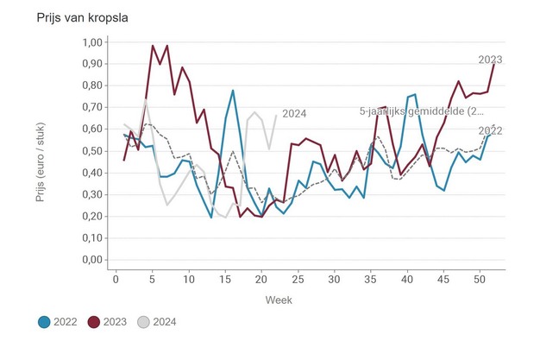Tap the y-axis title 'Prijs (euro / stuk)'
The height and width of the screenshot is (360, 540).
tap(41, 152)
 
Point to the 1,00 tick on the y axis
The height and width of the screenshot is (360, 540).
tap(91, 42)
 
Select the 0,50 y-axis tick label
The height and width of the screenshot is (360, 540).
tap(91, 151)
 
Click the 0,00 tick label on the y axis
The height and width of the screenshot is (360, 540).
tap(91, 260)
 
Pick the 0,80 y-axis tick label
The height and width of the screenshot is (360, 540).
tap(91, 86)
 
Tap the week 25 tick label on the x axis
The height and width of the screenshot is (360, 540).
tap(298, 278)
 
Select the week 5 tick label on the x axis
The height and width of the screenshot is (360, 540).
tap(153, 278)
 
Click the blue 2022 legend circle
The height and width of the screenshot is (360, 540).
tap(43, 322)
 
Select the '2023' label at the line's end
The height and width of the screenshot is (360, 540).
tap(490, 60)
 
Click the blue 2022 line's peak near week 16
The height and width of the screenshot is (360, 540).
tap(233, 90)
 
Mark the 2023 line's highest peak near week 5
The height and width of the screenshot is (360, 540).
tap(153, 46)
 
